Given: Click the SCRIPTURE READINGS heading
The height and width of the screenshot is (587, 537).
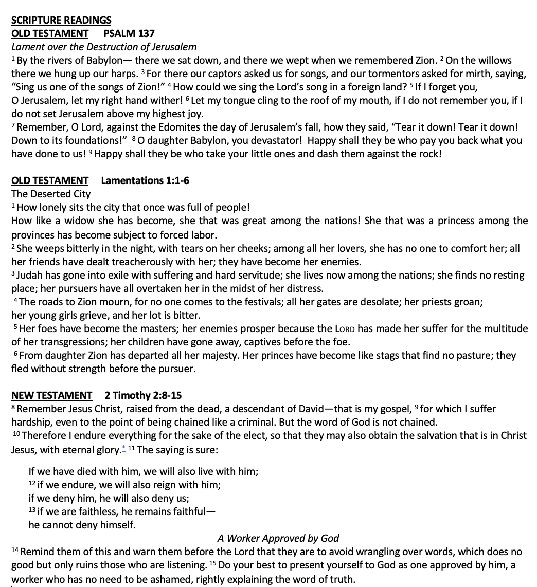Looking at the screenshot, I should [61, 20].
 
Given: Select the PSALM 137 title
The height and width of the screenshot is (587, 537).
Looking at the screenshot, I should [129, 33].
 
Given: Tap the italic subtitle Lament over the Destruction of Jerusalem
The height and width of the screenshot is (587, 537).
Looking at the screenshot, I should [104, 47].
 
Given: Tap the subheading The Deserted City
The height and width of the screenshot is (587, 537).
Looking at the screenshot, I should [51, 194].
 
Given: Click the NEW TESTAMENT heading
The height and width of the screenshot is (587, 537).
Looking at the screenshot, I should [51, 395].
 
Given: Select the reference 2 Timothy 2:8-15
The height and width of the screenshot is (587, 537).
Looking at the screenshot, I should [142, 395].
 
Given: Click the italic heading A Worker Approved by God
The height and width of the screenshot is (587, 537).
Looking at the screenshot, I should [278, 538].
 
